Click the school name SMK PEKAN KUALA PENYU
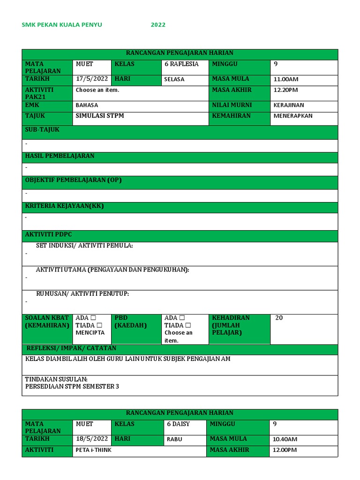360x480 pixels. tap(62, 25)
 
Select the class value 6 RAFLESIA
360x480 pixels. tap(181, 64)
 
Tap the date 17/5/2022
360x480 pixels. tap(92, 79)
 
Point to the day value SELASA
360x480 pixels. tap(174, 79)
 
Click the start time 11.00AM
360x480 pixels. tap(286, 79)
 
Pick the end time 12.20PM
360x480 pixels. tap(286, 90)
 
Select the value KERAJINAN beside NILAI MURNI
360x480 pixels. tap(289, 105)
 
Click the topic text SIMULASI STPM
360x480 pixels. tap(100, 115)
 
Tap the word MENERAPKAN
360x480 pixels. tap(293, 116)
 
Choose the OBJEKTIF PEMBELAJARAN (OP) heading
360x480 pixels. tap(73, 180)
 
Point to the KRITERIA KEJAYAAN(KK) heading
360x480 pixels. tap(64, 206)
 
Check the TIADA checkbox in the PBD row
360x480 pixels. tap(188, 325)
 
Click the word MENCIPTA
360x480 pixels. tap(90, 333)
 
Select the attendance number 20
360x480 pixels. tap(279, 318)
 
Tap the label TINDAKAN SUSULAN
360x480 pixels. tap(56, 379)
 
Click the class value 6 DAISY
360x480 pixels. tap(179, 424)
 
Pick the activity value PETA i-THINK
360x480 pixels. tap(93, 450)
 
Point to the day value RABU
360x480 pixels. tap(174, 440)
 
